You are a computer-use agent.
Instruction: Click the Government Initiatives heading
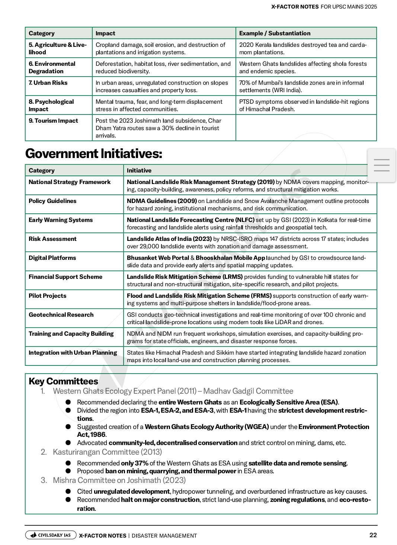click(93, 154)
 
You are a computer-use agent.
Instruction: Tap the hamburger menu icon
click(381, 165)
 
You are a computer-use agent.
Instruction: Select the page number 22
click(373, 535)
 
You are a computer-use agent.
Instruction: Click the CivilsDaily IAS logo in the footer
click(51, 535)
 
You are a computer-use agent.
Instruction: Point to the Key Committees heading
click(63, 381)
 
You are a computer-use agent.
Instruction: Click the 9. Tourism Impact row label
click(53, 121)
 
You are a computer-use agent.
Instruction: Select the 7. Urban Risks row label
click(48, 83)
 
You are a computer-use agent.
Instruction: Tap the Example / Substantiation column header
click(275, 33)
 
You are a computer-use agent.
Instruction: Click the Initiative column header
click(139, 171)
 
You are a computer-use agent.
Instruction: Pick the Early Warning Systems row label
click(61, 220)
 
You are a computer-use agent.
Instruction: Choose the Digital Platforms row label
click(52, 258)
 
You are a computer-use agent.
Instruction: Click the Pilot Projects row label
click(47, 296)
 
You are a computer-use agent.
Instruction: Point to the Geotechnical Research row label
click(61, 315)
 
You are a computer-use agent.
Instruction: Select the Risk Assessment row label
click(52, 239)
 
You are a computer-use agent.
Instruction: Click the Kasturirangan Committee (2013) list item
click(107, 452)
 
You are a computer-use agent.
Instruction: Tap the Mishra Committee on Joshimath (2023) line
click(119, 480)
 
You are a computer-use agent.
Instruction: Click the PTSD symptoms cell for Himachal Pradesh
click(304, 106)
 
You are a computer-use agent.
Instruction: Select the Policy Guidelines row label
click(52, 201)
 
